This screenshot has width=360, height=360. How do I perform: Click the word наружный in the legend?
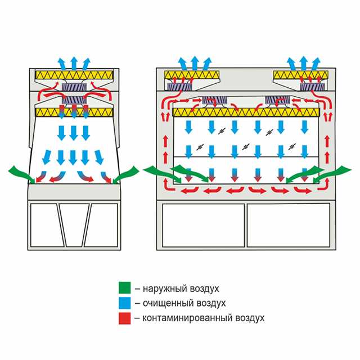click(165, 289)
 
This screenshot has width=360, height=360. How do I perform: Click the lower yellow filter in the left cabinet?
click(74, 112)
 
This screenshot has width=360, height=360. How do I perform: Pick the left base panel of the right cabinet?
click(203, 225)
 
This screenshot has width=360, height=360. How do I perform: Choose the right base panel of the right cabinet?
click(286, 225)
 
